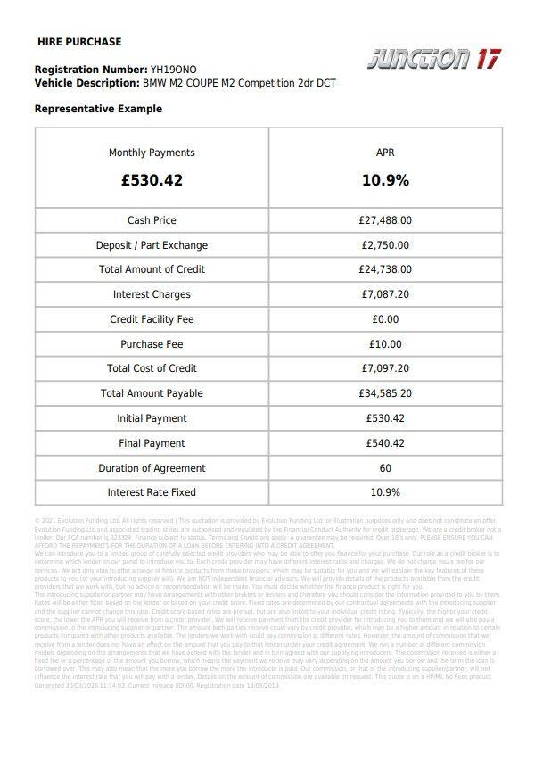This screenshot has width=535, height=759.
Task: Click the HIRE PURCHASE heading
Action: point(79,42)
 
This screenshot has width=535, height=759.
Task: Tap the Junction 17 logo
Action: point(434,60)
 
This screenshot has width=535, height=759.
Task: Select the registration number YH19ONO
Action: point(174,70)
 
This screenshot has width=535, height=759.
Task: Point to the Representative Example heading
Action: point(98,109)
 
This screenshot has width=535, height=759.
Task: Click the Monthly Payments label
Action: point(152,153)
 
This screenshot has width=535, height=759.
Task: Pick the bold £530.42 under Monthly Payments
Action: point(152,180)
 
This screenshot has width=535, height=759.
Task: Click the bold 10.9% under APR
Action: point(385,180)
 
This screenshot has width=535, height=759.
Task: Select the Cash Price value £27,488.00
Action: point(385,220)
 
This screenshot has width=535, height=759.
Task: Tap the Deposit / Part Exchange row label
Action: point(152,245)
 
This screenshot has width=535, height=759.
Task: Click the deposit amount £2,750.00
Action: point(385,245)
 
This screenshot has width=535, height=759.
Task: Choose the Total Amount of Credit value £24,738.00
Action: point(385,269)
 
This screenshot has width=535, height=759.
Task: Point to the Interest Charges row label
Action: point(152,294)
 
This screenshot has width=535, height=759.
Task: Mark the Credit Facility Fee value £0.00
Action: point(385,319)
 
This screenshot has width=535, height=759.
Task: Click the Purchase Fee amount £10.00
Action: point(385,344)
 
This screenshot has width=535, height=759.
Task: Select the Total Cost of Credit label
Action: point(152,368)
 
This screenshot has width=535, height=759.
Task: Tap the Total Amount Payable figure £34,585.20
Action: point(385,393)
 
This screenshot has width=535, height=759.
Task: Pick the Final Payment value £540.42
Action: point(385,443)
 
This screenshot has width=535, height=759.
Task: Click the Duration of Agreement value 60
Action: point(385,468)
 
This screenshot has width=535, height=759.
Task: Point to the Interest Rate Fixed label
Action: point(152,492)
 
